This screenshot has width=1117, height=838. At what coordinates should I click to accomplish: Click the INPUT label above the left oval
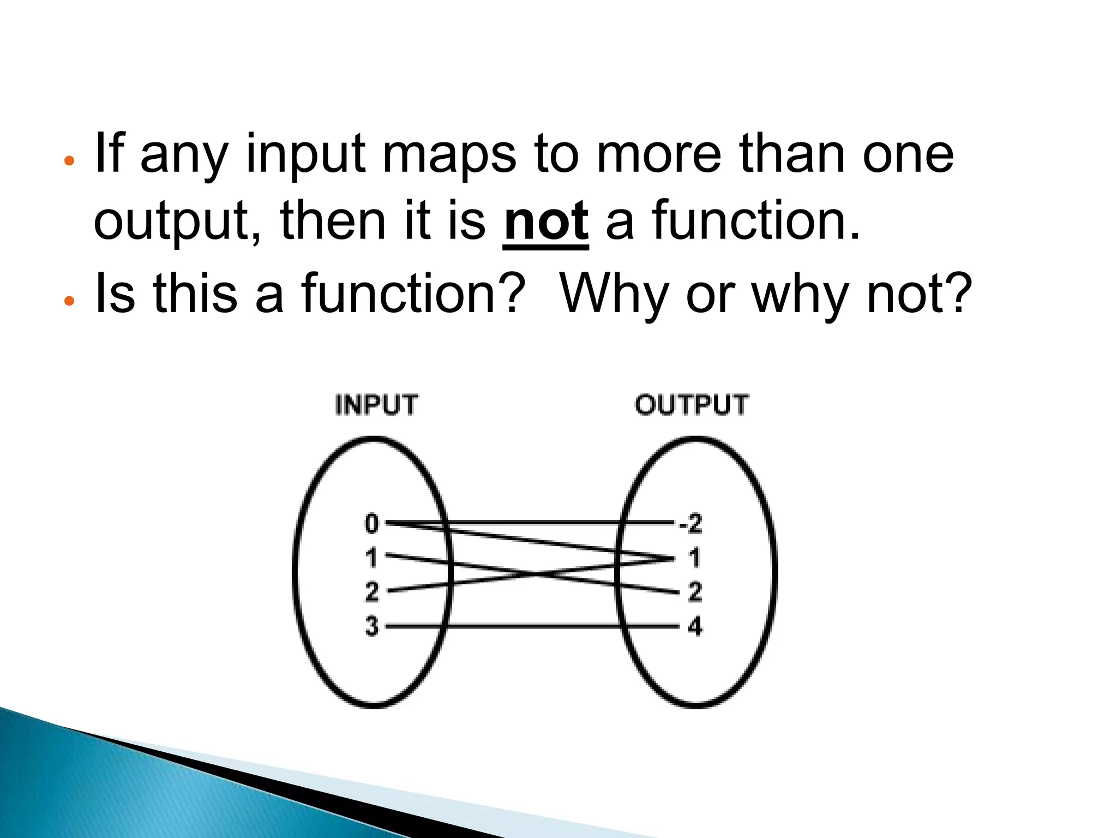point(376,405)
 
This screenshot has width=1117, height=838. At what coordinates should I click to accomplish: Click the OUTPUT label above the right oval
point(692,405)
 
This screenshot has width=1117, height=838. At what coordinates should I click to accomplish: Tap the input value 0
point(371,524)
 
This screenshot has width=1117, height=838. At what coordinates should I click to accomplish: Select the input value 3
point(371,626)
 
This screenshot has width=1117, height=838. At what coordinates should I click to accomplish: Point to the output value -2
point(690,524)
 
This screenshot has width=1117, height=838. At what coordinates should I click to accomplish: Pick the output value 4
point(694,626)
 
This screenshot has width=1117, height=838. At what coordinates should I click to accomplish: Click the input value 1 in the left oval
point(371,558)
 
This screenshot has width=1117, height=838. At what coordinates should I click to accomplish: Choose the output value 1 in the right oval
point(694,558)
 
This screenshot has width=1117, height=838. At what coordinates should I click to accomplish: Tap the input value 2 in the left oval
point(371,592)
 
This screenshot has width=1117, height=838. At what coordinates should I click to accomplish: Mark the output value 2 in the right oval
point(694,592)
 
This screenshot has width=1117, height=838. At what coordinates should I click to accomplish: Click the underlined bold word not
point(546,221)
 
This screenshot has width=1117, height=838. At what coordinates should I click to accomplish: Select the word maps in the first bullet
point(448,155)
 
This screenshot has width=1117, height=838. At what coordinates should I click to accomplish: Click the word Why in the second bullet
point(614,295)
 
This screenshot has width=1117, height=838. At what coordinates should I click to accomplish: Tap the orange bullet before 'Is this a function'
point(69,301)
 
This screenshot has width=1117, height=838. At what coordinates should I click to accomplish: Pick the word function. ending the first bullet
point(755,221)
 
